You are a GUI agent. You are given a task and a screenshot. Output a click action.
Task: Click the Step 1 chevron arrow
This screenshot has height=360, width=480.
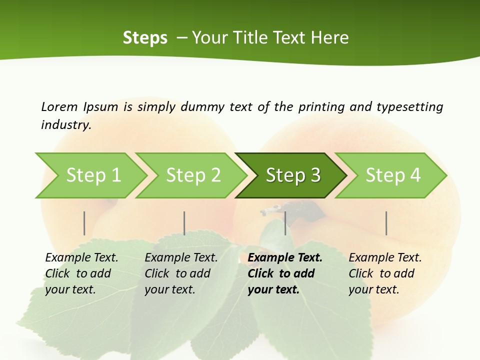pos(92,175)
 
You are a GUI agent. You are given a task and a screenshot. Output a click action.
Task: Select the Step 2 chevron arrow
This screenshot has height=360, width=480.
pos(192,175)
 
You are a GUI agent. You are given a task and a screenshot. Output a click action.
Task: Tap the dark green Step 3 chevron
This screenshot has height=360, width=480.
pos(292,175)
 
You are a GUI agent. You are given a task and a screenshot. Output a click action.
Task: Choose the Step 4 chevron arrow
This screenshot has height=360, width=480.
pos(392,175)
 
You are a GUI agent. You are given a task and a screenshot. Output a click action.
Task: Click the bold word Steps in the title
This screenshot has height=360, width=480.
pos(145,38)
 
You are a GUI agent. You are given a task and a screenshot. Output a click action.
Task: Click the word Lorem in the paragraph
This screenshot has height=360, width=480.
pos(59,107)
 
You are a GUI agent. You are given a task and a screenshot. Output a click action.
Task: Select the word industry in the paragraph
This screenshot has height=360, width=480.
pos(65,125)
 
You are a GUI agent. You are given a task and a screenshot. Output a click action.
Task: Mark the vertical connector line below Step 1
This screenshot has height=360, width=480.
pos(84,223)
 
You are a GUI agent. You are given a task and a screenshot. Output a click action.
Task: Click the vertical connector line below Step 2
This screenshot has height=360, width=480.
pos(184,223)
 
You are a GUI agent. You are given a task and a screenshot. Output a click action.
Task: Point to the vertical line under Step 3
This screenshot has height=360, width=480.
pos(285,223)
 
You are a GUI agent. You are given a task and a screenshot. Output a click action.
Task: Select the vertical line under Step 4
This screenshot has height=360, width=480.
pos(386,223)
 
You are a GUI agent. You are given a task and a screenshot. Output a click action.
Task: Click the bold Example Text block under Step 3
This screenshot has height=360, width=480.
pos(284,273)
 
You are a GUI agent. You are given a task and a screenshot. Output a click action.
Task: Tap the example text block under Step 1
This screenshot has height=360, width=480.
pos(81,273)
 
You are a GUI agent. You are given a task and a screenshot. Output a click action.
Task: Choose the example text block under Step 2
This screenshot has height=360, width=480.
pos(181,273)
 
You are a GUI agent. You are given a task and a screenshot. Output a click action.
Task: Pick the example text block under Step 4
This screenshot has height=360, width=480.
pos(385,273)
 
